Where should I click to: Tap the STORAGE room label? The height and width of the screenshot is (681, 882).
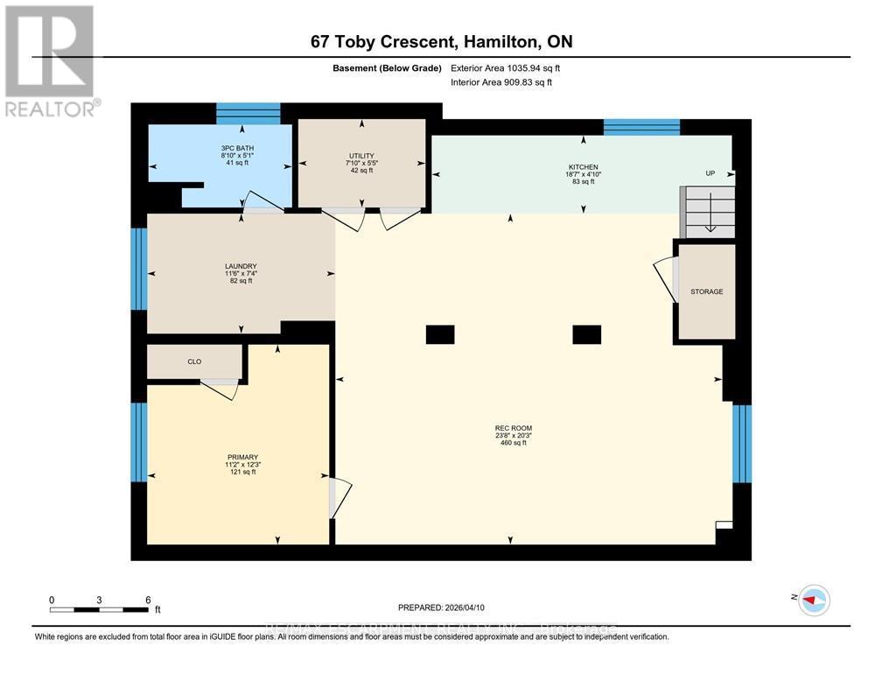(706, 291)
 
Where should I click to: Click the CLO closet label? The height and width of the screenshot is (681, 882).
(194, 360)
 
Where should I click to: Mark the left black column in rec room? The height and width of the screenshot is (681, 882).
(440, 333)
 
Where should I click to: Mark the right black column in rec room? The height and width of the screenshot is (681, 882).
(586, 333)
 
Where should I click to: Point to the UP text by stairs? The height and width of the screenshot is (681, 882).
(710, 173)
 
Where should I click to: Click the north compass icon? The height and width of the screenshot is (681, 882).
(814, 599)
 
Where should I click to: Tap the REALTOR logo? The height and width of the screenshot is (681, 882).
(51, 61)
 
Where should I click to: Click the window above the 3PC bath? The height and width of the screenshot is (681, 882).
(248, 113)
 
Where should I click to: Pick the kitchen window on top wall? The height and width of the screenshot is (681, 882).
(641, 127)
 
